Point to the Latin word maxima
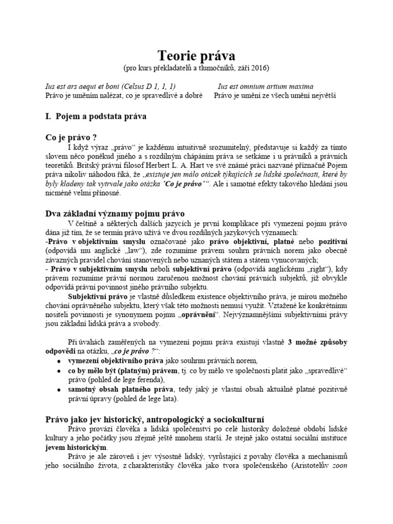(x=300, y=87)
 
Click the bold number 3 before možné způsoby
(x=290, y=342)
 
